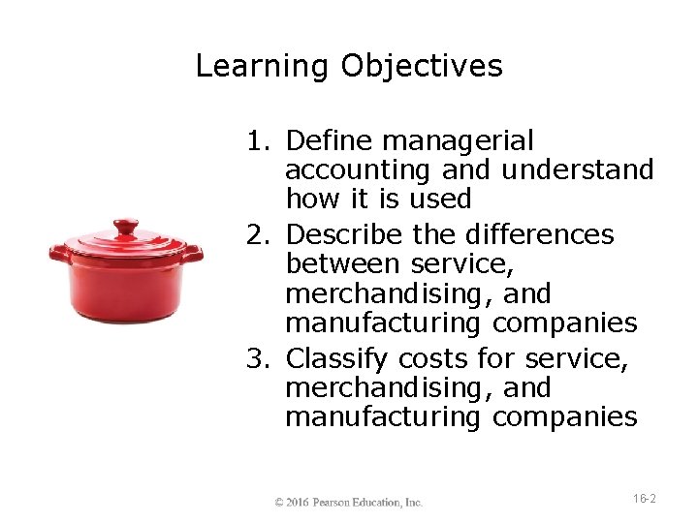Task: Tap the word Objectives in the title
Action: (422, 66)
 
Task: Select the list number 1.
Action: (257, 141)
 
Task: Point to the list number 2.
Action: (257, 235)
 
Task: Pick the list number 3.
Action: (257, 359)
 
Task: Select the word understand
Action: (578, 170)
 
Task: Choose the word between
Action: (344, 263)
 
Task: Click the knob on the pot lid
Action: (126, 229)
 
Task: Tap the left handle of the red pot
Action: (60, 255)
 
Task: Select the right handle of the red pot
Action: (193, 254)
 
